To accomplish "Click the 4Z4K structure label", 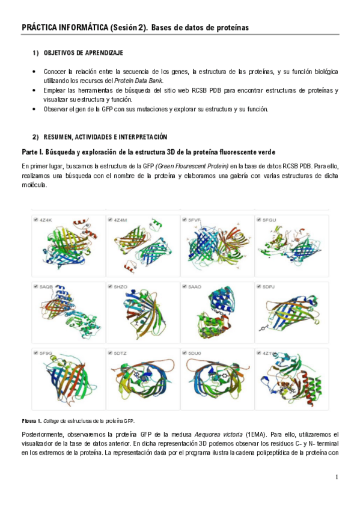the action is (x=46, y=220).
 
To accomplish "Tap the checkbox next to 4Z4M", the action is (x=110, y=220).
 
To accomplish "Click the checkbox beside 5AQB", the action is (x=35, y=286).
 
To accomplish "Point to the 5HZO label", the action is (x=120, y=287).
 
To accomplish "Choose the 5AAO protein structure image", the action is (x=218, y=312).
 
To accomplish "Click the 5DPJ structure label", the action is (x=269, y=287).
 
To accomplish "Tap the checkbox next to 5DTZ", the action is (x=110, y=353).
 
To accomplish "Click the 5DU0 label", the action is (x=195, y=353).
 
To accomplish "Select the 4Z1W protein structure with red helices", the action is (x=291, y=380).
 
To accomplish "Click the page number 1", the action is (x=337, y=477).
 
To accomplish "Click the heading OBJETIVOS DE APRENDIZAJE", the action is (x=83, y=53).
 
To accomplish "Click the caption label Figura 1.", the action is (x=31, y=421).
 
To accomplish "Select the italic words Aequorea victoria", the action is (x=218, y=435).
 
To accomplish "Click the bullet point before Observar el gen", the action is (x=34, y=109).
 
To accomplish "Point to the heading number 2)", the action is (x=35, y=137).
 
